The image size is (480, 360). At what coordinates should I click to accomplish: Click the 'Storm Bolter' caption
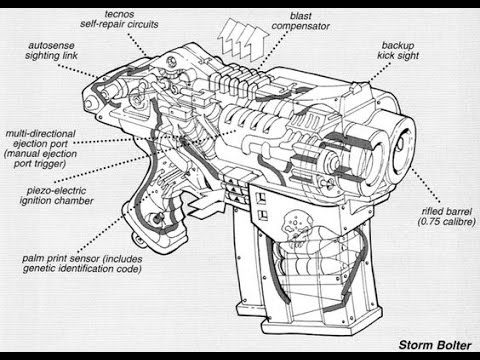tap(435, 345)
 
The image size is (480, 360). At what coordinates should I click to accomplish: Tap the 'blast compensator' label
tap(301, 21)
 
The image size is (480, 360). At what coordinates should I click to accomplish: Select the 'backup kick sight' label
tap(398, 50)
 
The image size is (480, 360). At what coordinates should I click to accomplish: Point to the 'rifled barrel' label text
tap(447, 211)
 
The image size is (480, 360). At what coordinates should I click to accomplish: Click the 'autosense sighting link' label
tap(51, 50)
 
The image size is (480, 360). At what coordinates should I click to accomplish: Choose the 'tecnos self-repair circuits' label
tap(119, 19)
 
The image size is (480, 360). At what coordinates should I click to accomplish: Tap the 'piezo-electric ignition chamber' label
tap(56, 196)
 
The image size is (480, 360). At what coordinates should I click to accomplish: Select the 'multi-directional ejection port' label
tap(41, 139)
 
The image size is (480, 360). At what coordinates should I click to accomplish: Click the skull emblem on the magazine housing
tap(295, 227)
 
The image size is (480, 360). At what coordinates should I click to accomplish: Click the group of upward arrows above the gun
tap(243, 39)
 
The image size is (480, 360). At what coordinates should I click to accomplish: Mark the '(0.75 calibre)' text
tap(447, 222)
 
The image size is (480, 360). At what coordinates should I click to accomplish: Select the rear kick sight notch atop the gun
tap(354, 88)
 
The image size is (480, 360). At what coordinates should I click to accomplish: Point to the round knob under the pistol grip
tap(138, 239)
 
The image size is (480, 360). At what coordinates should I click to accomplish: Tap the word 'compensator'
tap(301, 26)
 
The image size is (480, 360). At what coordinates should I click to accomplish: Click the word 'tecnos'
tap(119, 14)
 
